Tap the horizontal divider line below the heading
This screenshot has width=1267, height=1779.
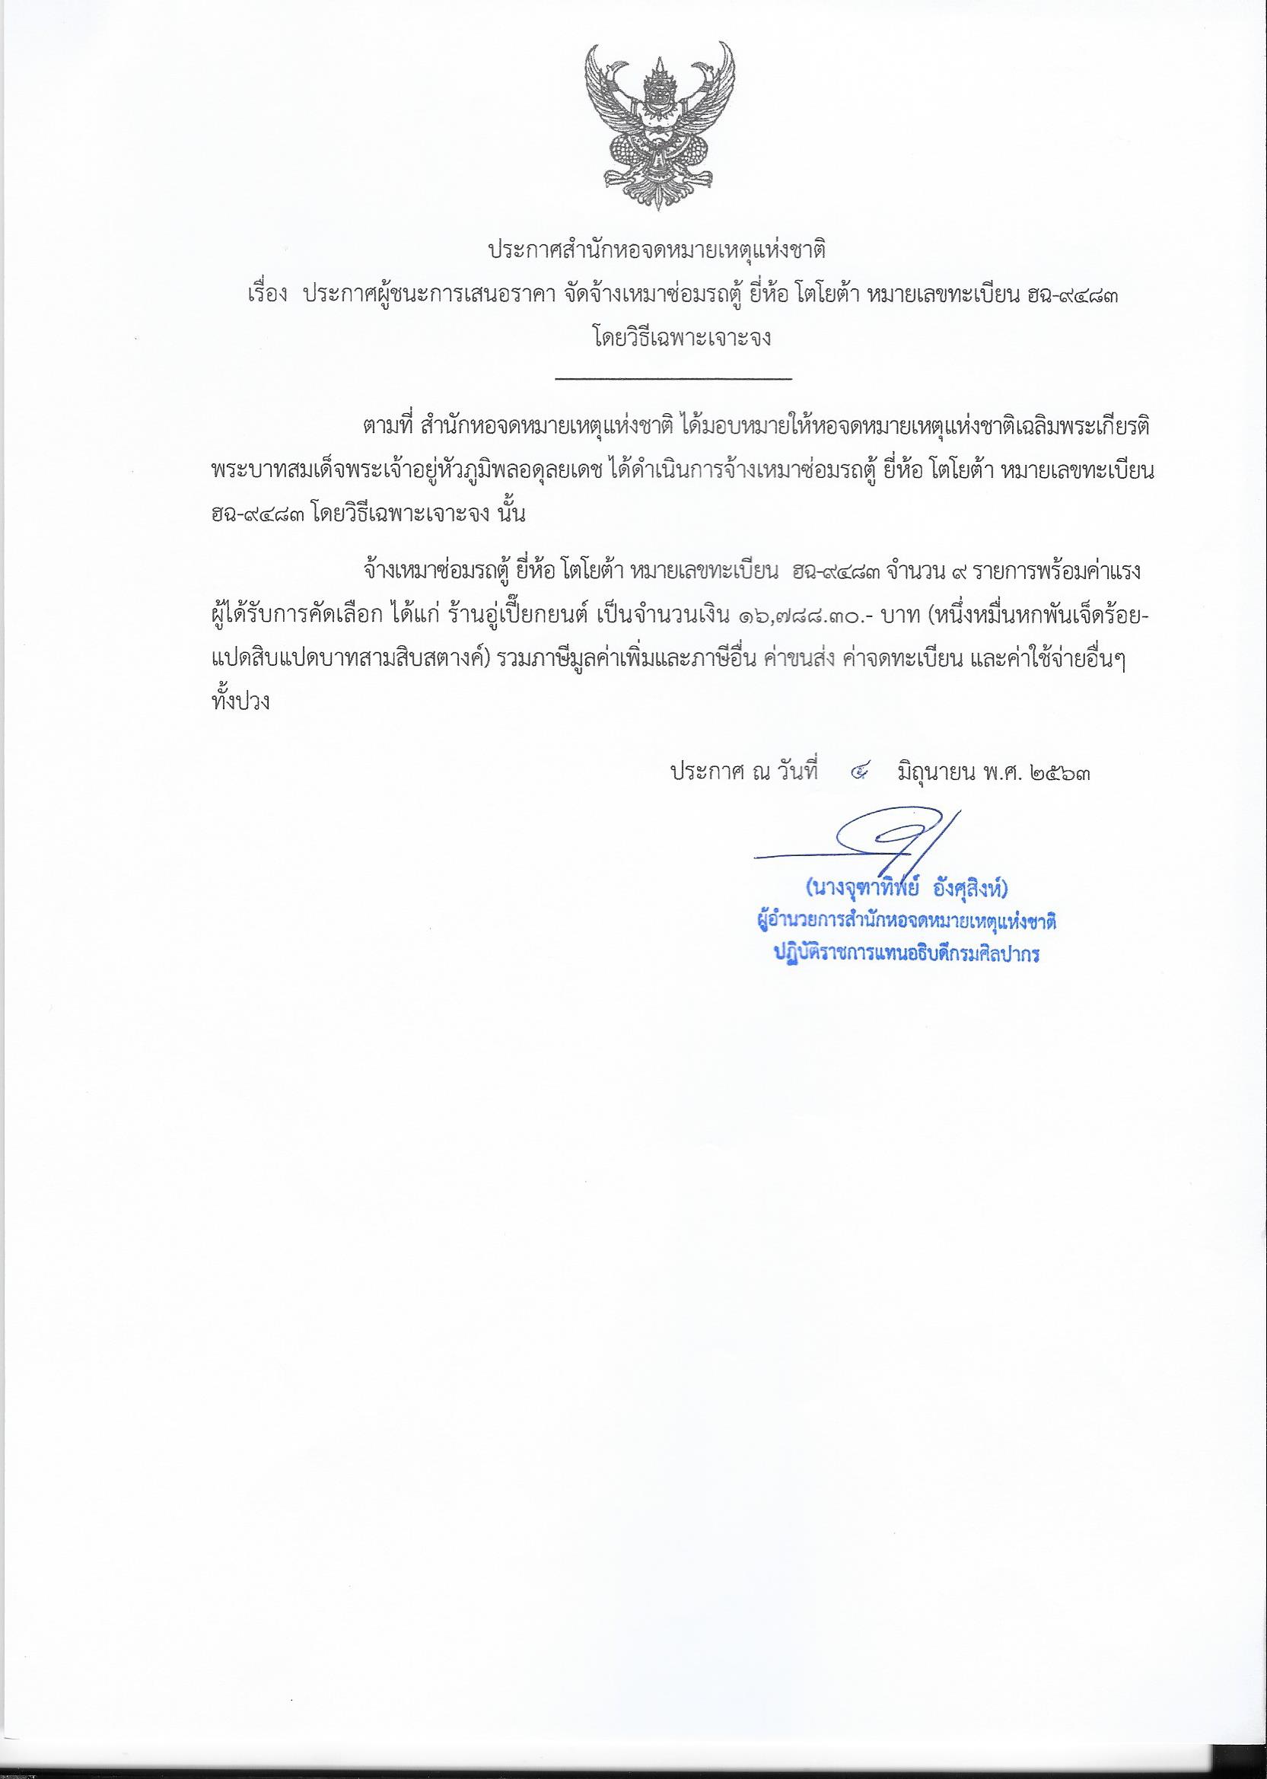pos(673,379)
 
